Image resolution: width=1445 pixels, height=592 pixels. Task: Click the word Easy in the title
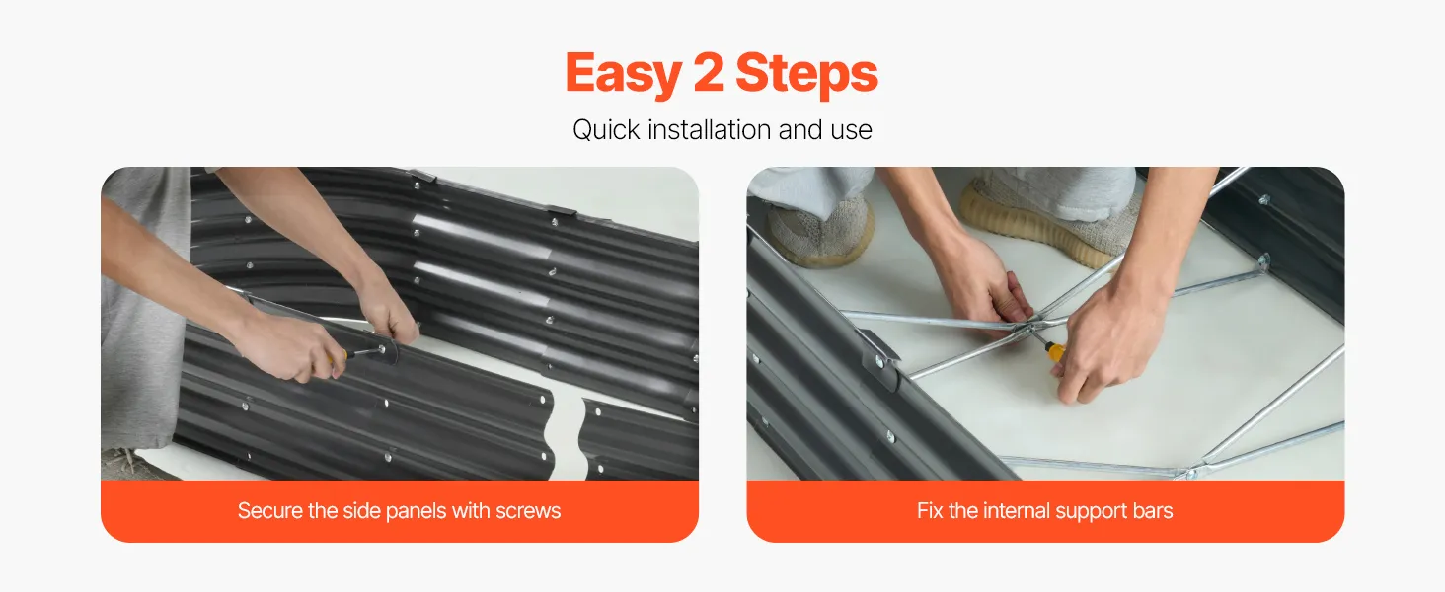pos(624,74)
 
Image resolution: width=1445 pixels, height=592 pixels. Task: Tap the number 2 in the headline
pos(709,72)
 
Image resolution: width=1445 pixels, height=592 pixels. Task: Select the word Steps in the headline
pos(806,74)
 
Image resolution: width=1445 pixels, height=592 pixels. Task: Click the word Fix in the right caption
pos(930,511)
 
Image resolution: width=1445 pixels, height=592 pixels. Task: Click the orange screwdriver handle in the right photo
pos(1055,353)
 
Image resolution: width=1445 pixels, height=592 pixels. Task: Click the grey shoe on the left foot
pos(820,230)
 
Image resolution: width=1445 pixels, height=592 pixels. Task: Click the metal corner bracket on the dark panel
pos(877,359)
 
